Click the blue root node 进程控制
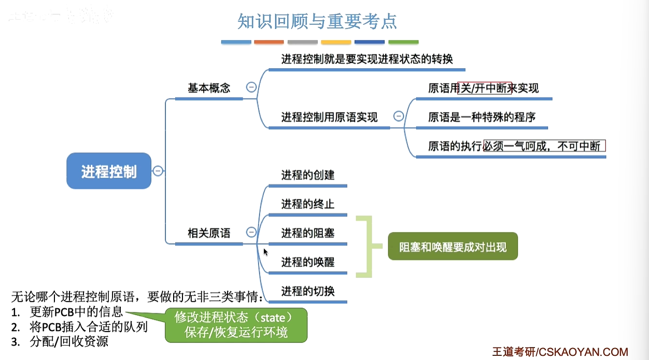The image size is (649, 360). (x=109, y=171)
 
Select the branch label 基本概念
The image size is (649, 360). (x=209, y=88)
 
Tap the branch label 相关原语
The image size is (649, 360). (x=209, y=233)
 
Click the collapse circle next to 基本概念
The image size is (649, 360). (x=251, y=88)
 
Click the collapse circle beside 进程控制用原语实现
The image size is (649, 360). (x=398, y=117)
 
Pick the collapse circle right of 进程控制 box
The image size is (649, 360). (x=158, y=171)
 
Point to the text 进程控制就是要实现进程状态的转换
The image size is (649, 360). (x=367, y=59)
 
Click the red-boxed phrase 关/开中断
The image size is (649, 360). (x=485, y=88)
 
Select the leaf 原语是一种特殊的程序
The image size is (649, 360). (x=482, y=117)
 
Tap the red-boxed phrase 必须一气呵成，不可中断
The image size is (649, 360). (x=544, y=146)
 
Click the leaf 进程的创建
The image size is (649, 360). (x=308, y=175)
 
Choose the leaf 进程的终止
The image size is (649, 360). (x=308, y=204)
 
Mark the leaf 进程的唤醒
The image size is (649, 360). (x=308, y=262)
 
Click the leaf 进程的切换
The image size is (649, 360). (x=308, y=291)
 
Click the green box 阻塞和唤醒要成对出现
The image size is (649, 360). (x=453, y=247)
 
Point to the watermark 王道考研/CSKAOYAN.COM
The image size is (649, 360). (x=560, y=352)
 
